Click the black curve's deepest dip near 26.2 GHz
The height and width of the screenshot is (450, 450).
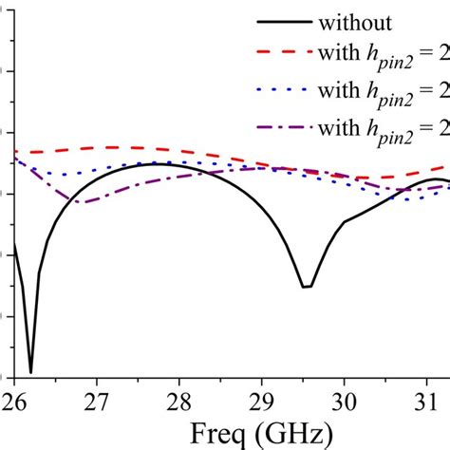(x=30, y=371)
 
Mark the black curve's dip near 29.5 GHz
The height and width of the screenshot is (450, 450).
(x=306, y=287)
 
